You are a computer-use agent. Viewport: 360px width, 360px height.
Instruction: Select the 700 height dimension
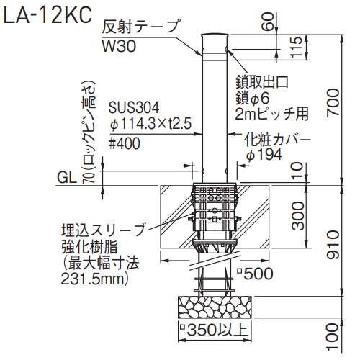click(x=333, y=102)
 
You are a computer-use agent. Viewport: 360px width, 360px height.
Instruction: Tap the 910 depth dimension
click(x=333, y=245)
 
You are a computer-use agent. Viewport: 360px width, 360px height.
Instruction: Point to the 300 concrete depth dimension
click(x=298, y=216)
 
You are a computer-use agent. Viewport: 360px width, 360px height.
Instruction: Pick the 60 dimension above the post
click(x=268, y=22)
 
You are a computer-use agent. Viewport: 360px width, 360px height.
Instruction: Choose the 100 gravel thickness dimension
click(x=333, y=336)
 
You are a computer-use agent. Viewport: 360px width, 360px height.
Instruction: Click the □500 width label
click(x=255, y=274)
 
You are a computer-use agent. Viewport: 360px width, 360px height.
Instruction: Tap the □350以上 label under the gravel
click(x=214, y=329)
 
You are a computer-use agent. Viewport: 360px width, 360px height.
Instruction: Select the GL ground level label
click(x=67, y=178)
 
